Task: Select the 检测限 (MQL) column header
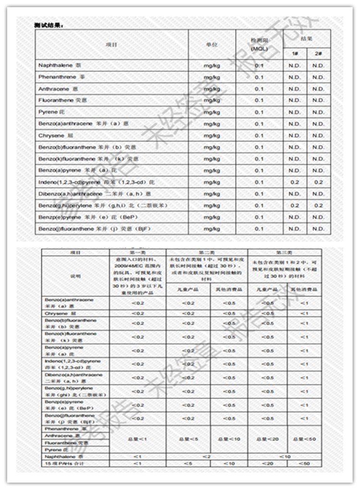(259, 46)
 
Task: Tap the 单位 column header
(212, 44)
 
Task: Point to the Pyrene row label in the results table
(48, 112)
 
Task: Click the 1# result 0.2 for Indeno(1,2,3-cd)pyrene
(295, 182)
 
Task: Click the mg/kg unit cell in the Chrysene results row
(212, 136)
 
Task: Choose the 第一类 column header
(137, 252)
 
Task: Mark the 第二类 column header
(207, 252)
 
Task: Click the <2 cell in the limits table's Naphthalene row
(207, 457)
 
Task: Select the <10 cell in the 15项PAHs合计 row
(229, 464)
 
